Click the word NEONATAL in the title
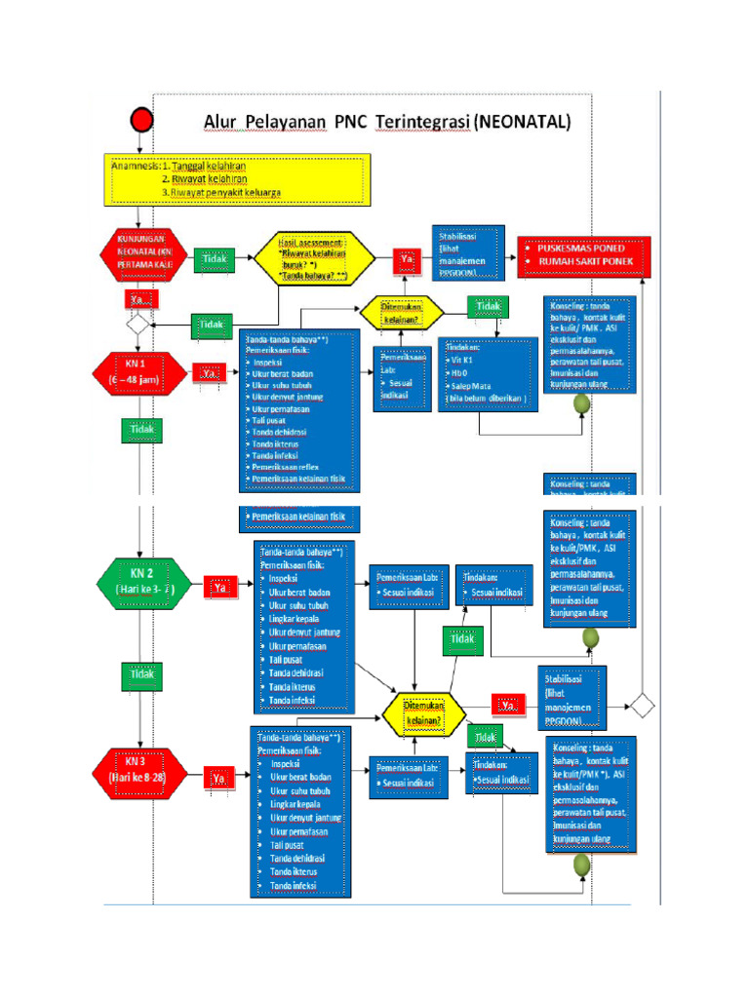tap(524, 123)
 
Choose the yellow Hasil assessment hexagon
tap(314, 260)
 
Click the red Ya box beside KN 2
tap(220, 588)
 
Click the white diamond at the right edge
tap(642, 704)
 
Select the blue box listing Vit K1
tap(487, 374)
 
